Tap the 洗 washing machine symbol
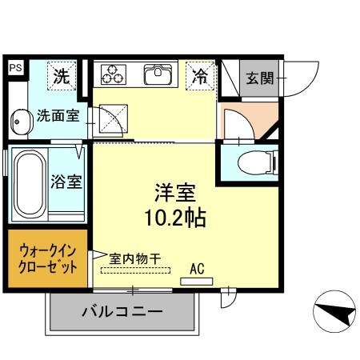tap(61, 77)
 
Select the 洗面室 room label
tap(58, 116)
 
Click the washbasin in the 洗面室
tap(19, 122)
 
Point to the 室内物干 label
tap(135, 258)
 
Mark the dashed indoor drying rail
tap(136, 270)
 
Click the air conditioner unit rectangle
tap(197, 280)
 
